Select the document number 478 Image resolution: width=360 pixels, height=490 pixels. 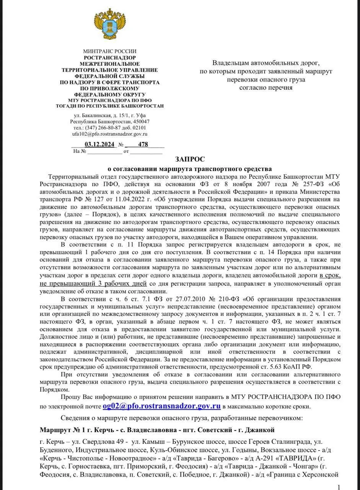[x=143, y=145]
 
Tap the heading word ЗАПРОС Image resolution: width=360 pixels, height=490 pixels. [x=190, y=159]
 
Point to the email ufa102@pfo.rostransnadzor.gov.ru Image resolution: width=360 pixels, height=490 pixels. [x=109, y=134]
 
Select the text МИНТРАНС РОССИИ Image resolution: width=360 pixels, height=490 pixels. [x=109, y=51]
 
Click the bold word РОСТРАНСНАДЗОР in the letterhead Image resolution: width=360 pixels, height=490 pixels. [x=109, y=57]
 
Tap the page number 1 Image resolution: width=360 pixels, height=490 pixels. [x=338, y=487]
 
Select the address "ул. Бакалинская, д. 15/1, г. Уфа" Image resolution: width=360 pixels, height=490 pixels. [x=109, y=115]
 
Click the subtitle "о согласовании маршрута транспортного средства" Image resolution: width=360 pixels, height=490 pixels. [x=189, y=169]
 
